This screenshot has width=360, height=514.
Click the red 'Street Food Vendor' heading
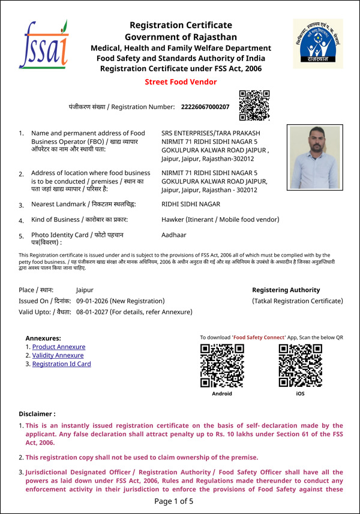click(x=181, y=82)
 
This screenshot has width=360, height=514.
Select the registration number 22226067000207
click(x=205, y=107)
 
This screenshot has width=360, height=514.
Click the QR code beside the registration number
click(x=254, y=106)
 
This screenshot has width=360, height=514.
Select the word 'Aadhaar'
click(x=175, y=236)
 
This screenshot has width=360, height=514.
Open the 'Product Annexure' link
click(x=58, y=347)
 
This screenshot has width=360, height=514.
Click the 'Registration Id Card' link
click(x=61, y=363)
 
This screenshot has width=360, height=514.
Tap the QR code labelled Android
click(x=221, y=366)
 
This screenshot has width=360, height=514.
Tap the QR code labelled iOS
click(x=300, y=366)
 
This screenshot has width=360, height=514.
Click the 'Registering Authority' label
click(x=286, y=290)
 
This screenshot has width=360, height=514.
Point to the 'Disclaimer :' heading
click(x=37, y=414)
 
